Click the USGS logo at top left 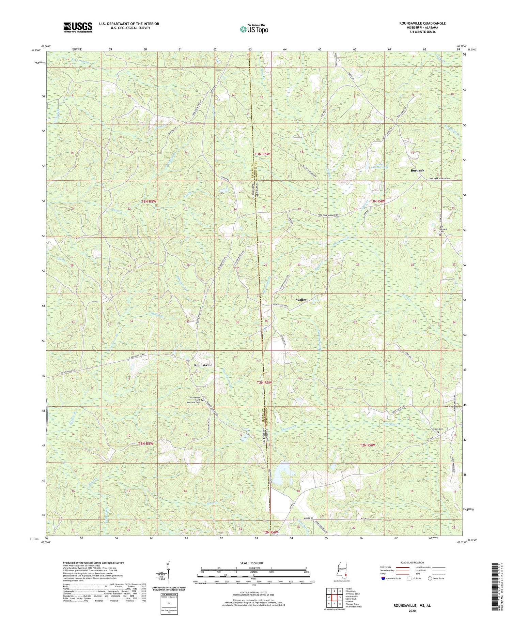tap(77, 27)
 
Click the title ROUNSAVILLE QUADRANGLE tap(422, 23)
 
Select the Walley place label tap(301, 300)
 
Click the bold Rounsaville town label tap(203, 365)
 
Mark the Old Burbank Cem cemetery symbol tap(439, 235)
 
